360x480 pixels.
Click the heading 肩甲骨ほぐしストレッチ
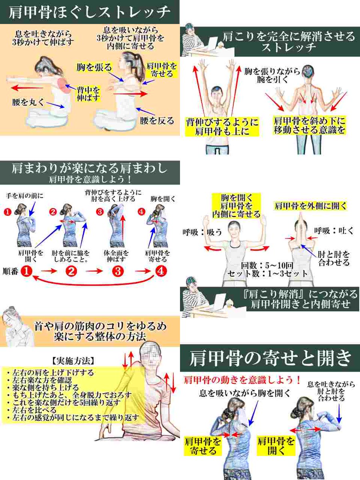[x=90, y=12]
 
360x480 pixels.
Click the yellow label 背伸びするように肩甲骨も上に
[x=222, y=126]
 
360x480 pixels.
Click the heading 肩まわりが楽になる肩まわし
[x=89, y=168]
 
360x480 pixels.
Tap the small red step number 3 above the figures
[x=100, y=212]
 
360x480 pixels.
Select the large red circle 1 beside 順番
[x=26, y=271]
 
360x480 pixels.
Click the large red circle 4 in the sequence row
[x=160, y=271]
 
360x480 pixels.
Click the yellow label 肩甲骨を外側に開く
[x=310, y=206]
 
